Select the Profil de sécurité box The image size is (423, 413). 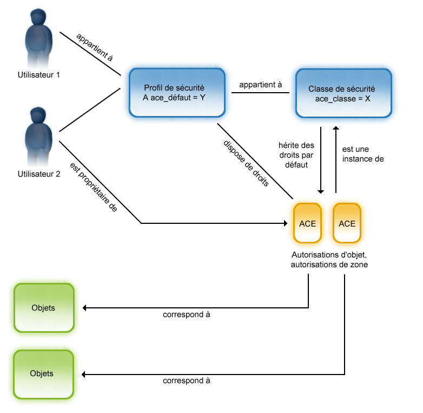click(x=176, y=93)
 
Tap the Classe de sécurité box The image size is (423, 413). click(x=343, y=93)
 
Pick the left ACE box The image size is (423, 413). click(x=307, y=223)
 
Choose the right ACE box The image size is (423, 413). click(x=347, y=223)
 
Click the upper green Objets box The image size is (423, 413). click(x=43, y=308)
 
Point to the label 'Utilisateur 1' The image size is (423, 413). click(x=39, y=75)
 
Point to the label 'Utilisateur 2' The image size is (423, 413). click(x=39, y=174)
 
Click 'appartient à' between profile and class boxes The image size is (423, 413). click(x=261, y=85)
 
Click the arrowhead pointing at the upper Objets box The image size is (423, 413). click(x=84, y=308)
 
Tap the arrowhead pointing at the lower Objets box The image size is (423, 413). click(x=84, y=374)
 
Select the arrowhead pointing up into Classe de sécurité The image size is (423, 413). click(x=336, y=128)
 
